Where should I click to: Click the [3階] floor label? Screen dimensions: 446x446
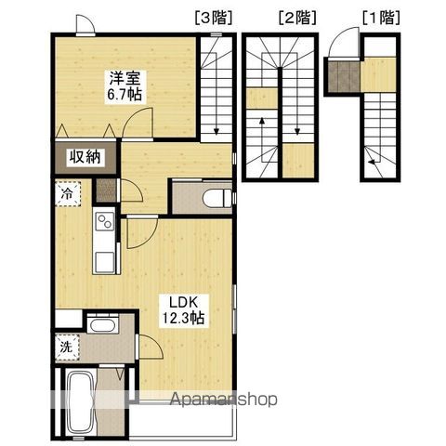[x=214, y=18]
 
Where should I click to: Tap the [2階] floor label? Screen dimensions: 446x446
[x=297, y=18]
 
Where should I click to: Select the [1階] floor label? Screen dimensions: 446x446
[x=381, y=18]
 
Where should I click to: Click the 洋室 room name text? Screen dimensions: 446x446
[x=125, y=78]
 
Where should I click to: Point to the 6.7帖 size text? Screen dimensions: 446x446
[x=125, y=94]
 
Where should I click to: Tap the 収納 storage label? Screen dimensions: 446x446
[x=85, y=157]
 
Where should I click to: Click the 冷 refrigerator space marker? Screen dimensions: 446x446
[x=67, y=194]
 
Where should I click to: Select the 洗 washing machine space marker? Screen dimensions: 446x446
[x=66, y=347]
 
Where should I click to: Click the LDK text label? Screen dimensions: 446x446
[x=183, y=302]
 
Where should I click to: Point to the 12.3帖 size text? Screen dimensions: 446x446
[x=183, y=317]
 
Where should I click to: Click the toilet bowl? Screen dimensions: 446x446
[x=217, y=197]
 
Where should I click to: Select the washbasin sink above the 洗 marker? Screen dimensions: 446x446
[x=102, y=324]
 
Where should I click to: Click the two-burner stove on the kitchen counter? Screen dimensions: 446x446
[x=105, y=221]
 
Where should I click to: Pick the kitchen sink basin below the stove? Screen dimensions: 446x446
[x=104, y=262]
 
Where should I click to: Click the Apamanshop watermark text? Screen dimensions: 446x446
[x=224, y=400]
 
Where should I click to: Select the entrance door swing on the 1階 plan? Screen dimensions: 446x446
[x=343, y=42]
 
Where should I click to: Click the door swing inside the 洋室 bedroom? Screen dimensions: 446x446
[x=138, y=123]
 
